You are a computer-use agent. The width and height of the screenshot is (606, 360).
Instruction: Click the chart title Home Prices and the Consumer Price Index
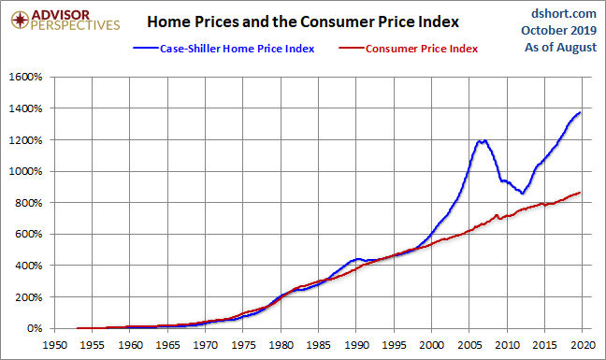coord(303,22)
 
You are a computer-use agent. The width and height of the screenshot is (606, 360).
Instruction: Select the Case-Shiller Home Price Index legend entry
coord(224,49)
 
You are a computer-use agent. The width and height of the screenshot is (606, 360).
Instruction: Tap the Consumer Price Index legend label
coord(422,49)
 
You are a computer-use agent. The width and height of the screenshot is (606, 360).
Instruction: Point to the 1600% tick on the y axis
coord(25,77)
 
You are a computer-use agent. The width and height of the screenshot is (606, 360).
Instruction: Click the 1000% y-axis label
coord(25,171)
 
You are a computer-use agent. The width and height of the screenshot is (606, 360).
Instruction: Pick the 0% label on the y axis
coord(35,328)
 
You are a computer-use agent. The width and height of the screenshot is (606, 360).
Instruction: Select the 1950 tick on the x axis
coord(54,344)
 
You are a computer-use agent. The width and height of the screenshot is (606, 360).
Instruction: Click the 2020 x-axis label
coord(583,344)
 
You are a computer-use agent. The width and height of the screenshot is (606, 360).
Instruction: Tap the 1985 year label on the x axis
coord(319,344)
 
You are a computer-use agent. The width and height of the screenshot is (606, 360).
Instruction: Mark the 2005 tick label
coord(469,344)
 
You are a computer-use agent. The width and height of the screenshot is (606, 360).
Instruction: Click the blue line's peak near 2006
coord(480,141)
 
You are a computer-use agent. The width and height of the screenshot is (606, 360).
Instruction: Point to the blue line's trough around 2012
coord(522,194)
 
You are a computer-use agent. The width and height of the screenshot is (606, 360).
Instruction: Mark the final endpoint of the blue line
coord(580,112)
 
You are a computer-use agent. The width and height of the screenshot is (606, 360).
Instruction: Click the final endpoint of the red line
coord(580,193)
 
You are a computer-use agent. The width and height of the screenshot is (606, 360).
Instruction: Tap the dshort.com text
coord(564,13)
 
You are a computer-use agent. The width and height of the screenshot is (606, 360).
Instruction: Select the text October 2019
coord(559,30)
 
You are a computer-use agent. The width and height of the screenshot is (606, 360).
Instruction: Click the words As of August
coord(560,47)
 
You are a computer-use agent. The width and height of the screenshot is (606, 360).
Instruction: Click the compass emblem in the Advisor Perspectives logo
coord(20,20)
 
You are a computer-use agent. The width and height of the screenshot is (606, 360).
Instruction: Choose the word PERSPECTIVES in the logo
coord(76,25)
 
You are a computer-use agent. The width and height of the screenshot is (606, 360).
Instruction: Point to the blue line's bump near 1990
coord(356,260)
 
